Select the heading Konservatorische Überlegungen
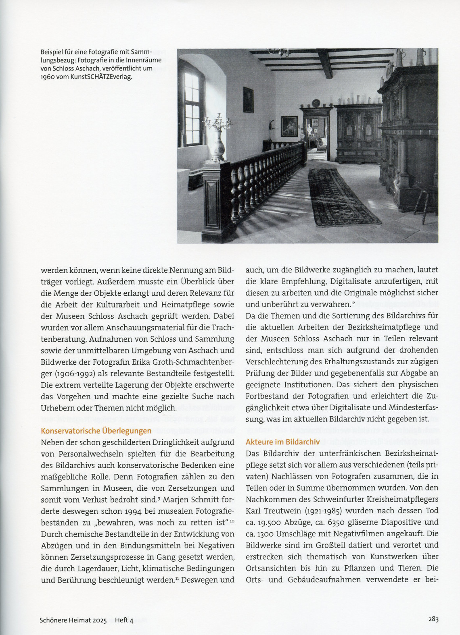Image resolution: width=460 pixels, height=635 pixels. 96,430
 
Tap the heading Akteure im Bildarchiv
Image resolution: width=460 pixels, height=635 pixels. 282,442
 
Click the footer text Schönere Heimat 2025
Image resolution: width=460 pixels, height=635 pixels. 73,620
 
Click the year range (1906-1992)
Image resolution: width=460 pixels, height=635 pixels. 68,373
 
